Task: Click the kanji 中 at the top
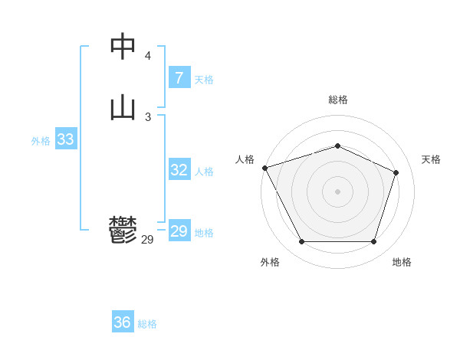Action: (123, 47)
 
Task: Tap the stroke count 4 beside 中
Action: (148, 56)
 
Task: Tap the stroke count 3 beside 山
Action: (148, 116)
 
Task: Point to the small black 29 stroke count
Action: (148, 240)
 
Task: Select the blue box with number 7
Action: (179, 78)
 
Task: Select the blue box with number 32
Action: (179, 170)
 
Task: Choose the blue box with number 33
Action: (65, 139)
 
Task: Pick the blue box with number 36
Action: (122, 322)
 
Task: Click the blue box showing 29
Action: (179, 231)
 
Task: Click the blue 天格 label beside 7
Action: (204, 80)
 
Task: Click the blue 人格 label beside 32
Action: (204, 172)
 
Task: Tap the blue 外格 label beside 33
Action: (41, 141)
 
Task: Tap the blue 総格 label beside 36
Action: (147, 324)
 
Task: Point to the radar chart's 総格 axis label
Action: (337, 100)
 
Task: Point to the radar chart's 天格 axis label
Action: (431, 159)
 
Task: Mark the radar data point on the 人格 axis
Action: (264, 168)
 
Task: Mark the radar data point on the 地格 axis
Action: (373, 242)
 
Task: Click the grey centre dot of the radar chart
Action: (337, 191)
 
